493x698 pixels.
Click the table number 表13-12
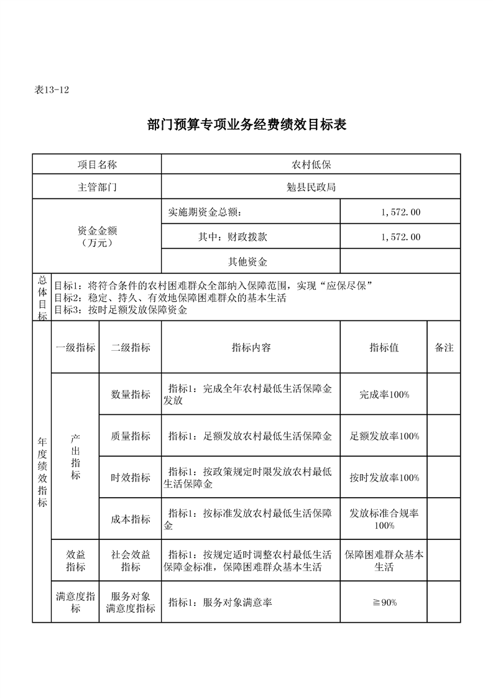pyautogui.click(x=51, y=90)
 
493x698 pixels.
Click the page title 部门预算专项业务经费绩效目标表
pyautogui.click(x=246, y=124)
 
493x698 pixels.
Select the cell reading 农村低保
pyautogui.click(x=311, y=164)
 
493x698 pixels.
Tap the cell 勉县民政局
pyautogui.click(x=311, y=187)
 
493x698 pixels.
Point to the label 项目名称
pyautogui.click(x=97, y=164)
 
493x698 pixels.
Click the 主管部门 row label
pyautogui.click(x=97, y=187)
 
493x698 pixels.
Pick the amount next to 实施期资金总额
pyautogui.click(x=400, y=212)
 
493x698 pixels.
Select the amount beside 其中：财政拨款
pyautogui.click(x=400, y=237)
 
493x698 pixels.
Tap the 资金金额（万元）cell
pyautogui.click(x=97, y=236)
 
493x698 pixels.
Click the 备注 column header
pyautogui.click(x=444, y=348)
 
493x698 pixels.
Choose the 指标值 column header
pyautogui.click(x=384, y=348)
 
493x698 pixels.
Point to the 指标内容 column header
pyautogui.click(x=251, y=348)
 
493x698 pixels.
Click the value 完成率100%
pyautogui.click(x=384, y=394)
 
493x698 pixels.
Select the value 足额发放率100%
pyautogui.click(x=384, y=436)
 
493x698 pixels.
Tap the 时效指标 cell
pyautogui.click(x=131, y=478)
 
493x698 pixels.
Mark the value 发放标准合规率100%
pyautogui.click(x=384, y=519)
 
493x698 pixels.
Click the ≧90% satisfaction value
pyautogui.click(x=384, y=602)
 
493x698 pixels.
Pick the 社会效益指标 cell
pyautogui.click(x=131, y=561)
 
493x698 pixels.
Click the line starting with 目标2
pyautogui.click(x=170, y=298)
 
